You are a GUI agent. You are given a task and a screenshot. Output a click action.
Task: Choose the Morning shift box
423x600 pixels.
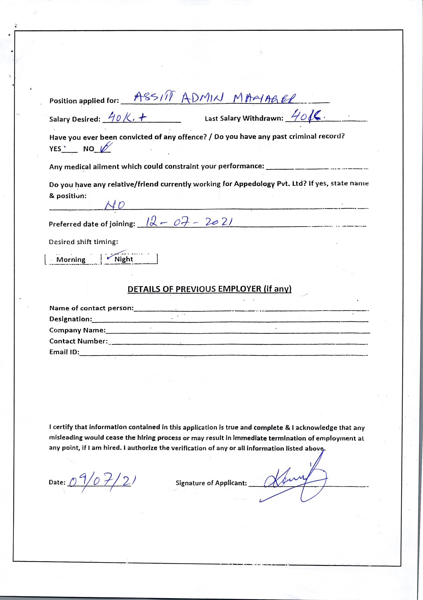[x=71, y=259]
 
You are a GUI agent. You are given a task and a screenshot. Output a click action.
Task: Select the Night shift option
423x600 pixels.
[x=124, y=259]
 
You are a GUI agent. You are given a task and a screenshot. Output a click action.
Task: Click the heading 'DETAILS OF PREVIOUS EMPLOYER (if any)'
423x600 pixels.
[x=209, y=289]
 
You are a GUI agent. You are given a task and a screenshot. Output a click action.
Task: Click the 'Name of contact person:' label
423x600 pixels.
[x=91, y=308]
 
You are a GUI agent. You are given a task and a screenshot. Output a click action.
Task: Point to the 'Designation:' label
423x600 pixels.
[x=71, y=319]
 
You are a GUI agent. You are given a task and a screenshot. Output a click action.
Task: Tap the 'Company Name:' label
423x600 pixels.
[x=77, y=330]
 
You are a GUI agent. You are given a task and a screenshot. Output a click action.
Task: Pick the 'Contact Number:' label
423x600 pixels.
[x=78, y=341]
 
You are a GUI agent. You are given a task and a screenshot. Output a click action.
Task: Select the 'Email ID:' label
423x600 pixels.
[x=64, y=352]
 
